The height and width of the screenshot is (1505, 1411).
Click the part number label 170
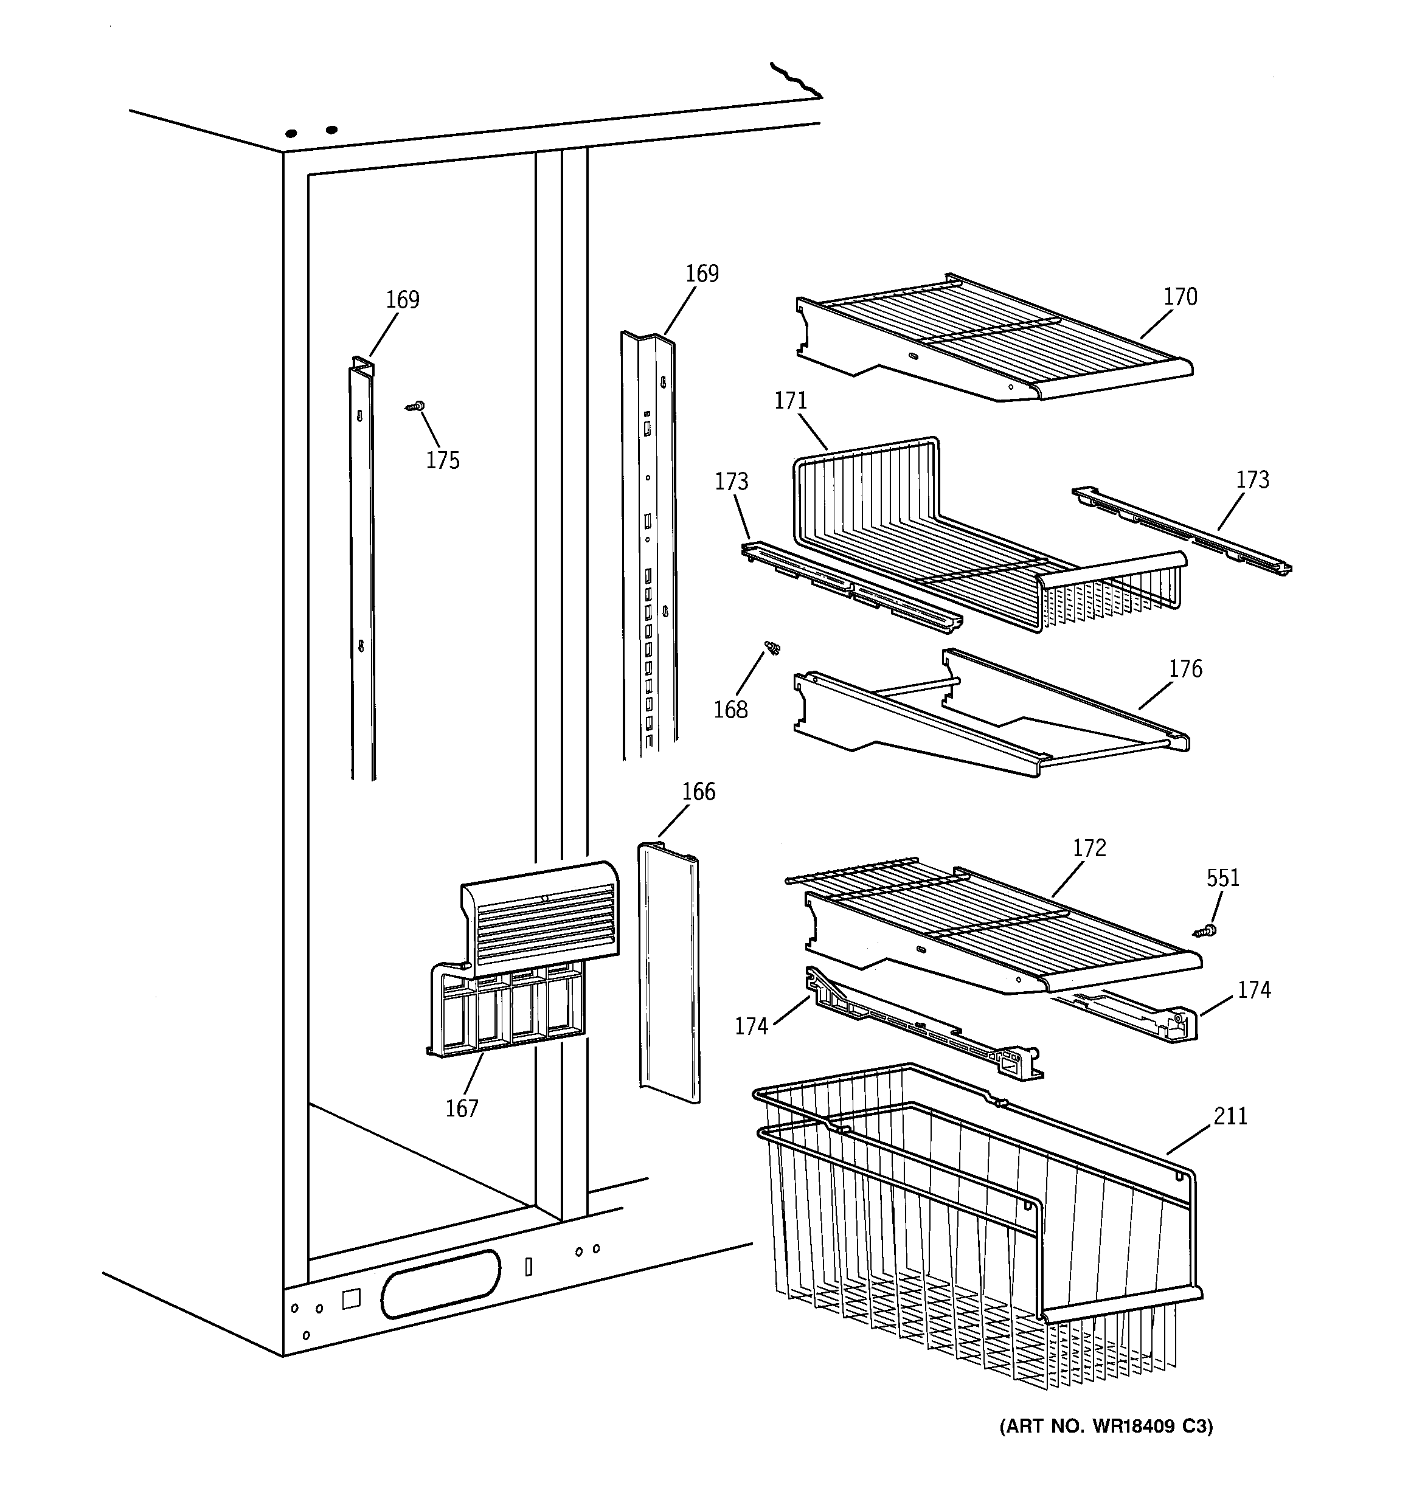click(x=1180, y=297)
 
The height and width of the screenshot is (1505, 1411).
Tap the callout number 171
click(x=791, y=401)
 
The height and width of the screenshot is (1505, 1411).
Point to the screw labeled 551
click(x=1207, y=930)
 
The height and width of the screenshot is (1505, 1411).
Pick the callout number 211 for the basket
click(x=1230, y=1116)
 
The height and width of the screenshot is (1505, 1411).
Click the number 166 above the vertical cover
click(x=698, y=792)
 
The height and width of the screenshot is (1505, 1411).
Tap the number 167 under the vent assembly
click(x=461, y=1109)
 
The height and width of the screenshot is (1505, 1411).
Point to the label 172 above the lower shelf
click(x=1089, y=848)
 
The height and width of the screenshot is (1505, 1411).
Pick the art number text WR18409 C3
click(x=1106, y=1427)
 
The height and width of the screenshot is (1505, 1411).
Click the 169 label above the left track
click(x=402, y=300)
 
